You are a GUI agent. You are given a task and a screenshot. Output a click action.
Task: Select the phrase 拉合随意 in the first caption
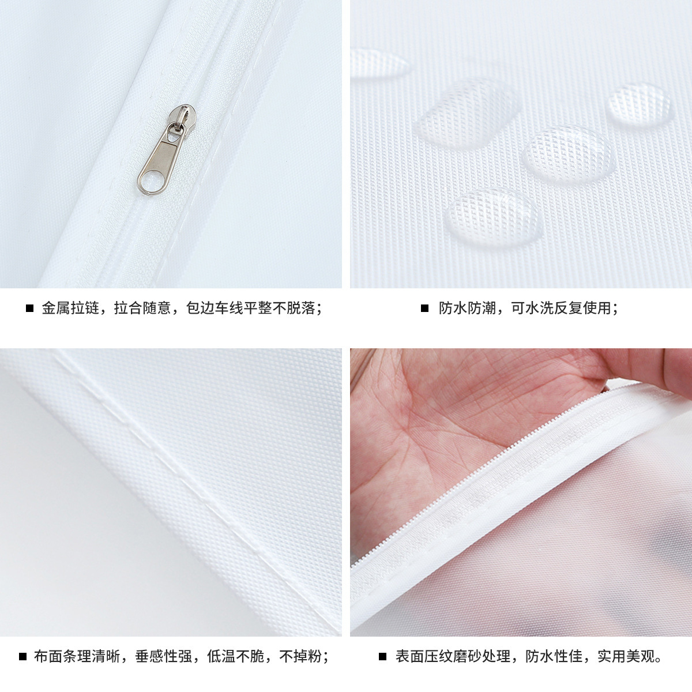click(x=142, y=308)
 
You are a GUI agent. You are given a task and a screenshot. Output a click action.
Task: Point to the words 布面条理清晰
click(x=77, y=656)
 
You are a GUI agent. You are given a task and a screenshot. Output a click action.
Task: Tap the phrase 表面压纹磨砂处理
click(x=453, y=656)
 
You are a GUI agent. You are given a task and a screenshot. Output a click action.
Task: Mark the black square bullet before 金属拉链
click(x=29, y=309)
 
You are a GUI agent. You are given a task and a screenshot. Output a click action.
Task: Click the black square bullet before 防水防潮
click(x=425, y=309)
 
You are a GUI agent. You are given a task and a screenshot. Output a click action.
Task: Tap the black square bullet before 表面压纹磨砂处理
click(x=382, y=657)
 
